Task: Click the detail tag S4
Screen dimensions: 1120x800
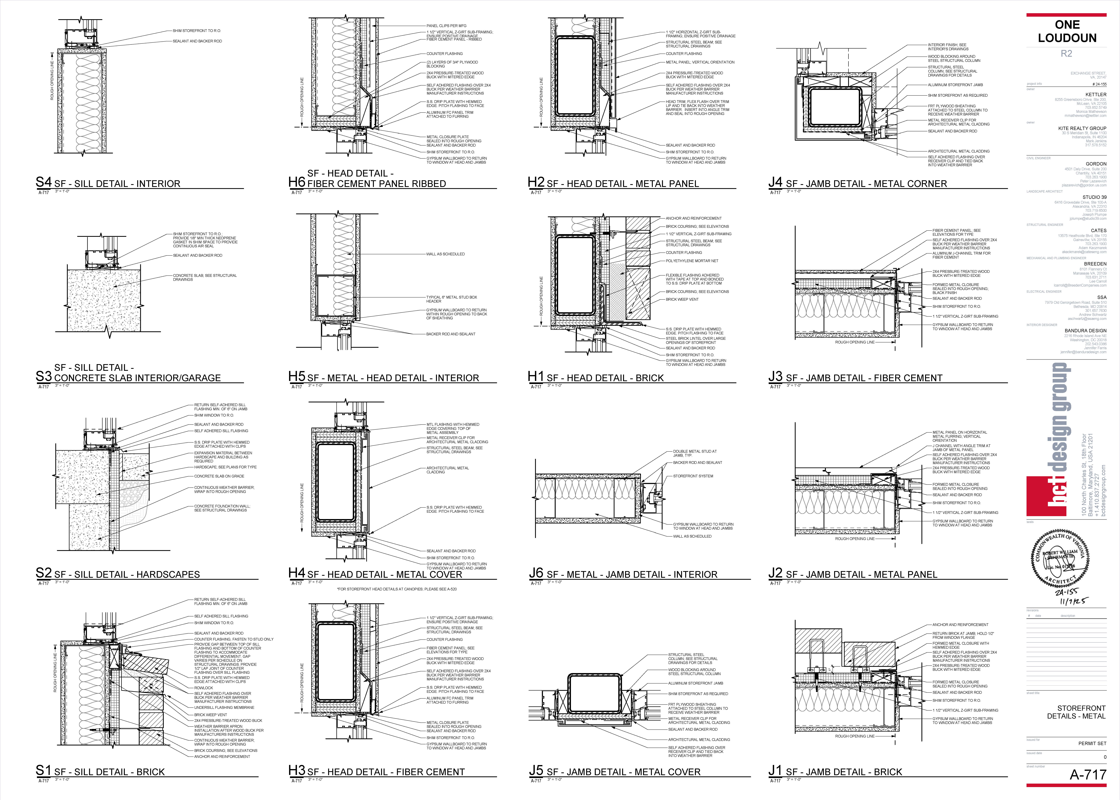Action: click(x=43, y=182)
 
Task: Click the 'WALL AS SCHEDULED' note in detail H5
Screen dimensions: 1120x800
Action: click(x=445, y=254)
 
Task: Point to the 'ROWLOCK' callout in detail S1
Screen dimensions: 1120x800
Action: click(x=203, y=688)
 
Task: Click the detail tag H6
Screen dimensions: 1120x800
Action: click(x=297, y=182)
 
